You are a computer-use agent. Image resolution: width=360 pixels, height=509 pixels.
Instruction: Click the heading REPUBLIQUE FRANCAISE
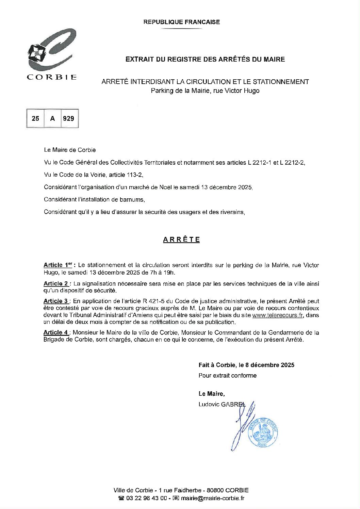click(x=181, y=22)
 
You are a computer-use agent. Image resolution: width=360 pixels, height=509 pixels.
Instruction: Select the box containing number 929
click(x=69, y=118)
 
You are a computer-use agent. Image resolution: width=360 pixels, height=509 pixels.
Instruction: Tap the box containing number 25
click(x=35, y=118)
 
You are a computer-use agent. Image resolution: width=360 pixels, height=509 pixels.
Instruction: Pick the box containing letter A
click(x=52, y=118)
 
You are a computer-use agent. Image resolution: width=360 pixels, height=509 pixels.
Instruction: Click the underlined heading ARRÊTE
click(x=181, y=240)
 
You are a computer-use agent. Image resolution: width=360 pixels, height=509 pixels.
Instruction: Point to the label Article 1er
click(x=59, y=265)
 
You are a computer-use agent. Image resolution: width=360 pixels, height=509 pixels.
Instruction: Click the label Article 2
click(x=56, y=283)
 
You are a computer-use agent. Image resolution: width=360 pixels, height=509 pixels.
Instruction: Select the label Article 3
click(x=56, y=301)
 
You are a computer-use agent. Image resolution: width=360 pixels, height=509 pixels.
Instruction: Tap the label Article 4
click(x=56, y=332)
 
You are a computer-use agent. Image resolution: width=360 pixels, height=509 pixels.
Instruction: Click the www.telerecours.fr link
click(x=277, y=315)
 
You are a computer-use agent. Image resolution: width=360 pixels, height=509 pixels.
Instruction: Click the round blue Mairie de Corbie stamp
click(x=263, y=432)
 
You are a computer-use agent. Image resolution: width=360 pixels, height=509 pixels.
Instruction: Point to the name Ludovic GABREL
click(x=222, y=404)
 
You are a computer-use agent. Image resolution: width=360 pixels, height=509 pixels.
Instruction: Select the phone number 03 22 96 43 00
click(x=146, y=498)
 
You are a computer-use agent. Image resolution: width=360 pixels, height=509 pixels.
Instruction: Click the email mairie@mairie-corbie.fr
click(x=213, y=498)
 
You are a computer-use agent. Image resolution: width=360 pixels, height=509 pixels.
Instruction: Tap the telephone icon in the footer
click(x=121, y=498)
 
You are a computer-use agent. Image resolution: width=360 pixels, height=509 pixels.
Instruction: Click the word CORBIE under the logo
click(x=52, y=77)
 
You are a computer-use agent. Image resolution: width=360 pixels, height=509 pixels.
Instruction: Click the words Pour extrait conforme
click(x=228, y=376)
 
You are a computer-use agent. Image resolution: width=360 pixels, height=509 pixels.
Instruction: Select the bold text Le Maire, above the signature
click(x=212, y=394)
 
